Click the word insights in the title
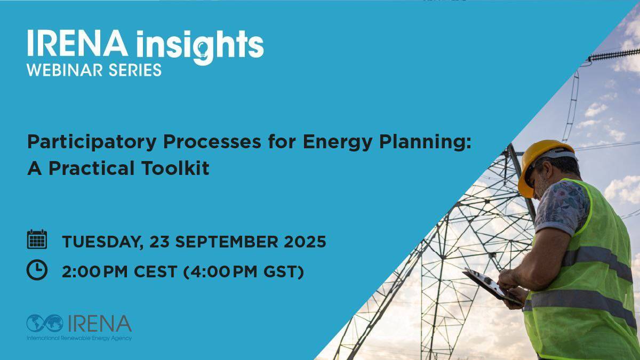click(x=200, y=46)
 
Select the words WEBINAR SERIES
click(x=94, y=70)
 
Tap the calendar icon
click(x=37, y=239)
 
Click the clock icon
click(x=37, y=270)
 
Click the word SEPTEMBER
click(x=227, y=242)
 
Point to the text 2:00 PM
click(x=94, y=271)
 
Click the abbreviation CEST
click(x=155, y=271)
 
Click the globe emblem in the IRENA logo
click(x=45, y=323)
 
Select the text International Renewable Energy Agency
click(x=79, y=338)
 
